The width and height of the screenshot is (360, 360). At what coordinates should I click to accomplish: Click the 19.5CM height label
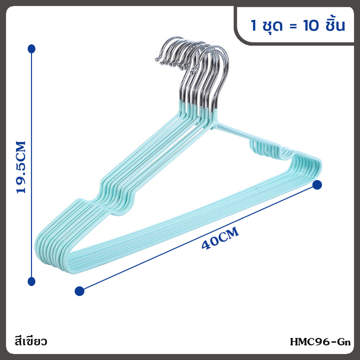click(x=21, y=167)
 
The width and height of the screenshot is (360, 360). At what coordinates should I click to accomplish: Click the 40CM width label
click(x=220, y=238)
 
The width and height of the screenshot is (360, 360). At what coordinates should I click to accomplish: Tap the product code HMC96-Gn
click(x=320, y=342)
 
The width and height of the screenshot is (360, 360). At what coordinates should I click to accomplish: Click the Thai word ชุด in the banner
click(x=272, y=25)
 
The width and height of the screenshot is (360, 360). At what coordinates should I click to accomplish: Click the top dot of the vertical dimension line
click(x=31, y=49)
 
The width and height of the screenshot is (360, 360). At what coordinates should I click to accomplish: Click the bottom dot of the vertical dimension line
click(x=31, y=282)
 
